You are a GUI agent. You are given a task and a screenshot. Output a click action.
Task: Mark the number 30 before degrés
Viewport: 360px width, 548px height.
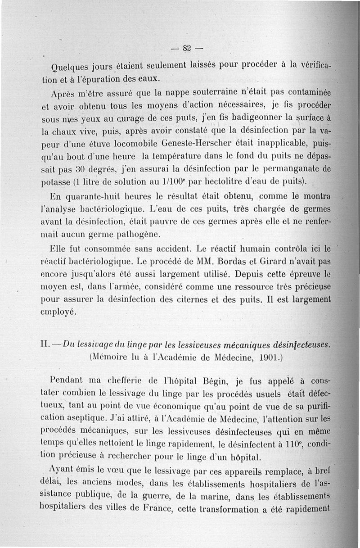(80, 170)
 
